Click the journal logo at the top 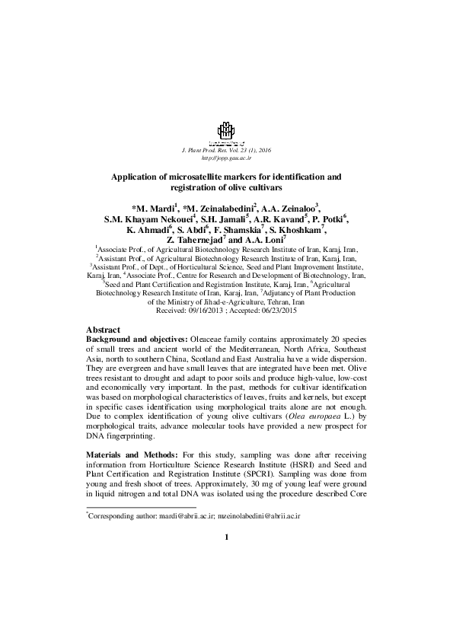[226, 133]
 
